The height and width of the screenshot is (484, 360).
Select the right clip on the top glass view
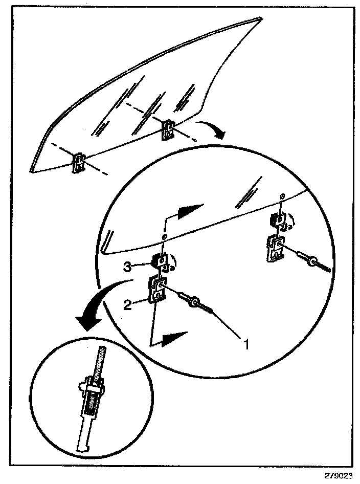click(168, 129)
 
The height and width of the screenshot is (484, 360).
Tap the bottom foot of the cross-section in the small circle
click(84, 448)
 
